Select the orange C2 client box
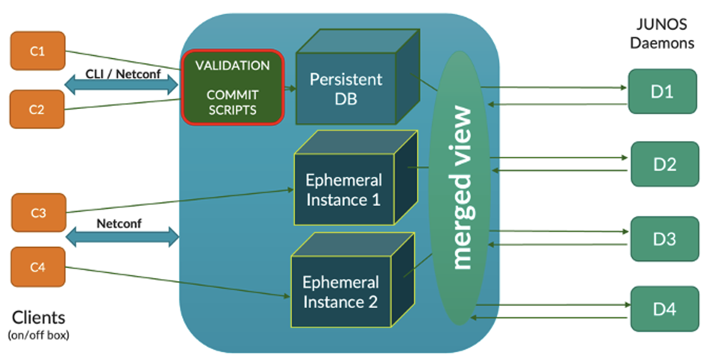[x=38, y=109]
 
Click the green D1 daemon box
[x=662, y=91]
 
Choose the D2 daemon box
[x=665, y=164]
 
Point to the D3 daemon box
[x=663, y=239]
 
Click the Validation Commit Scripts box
[x=233, y=87]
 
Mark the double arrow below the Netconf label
[x=121, y=237]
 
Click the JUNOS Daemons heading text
[x=662, y=34]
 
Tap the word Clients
[x=38, y=318]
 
